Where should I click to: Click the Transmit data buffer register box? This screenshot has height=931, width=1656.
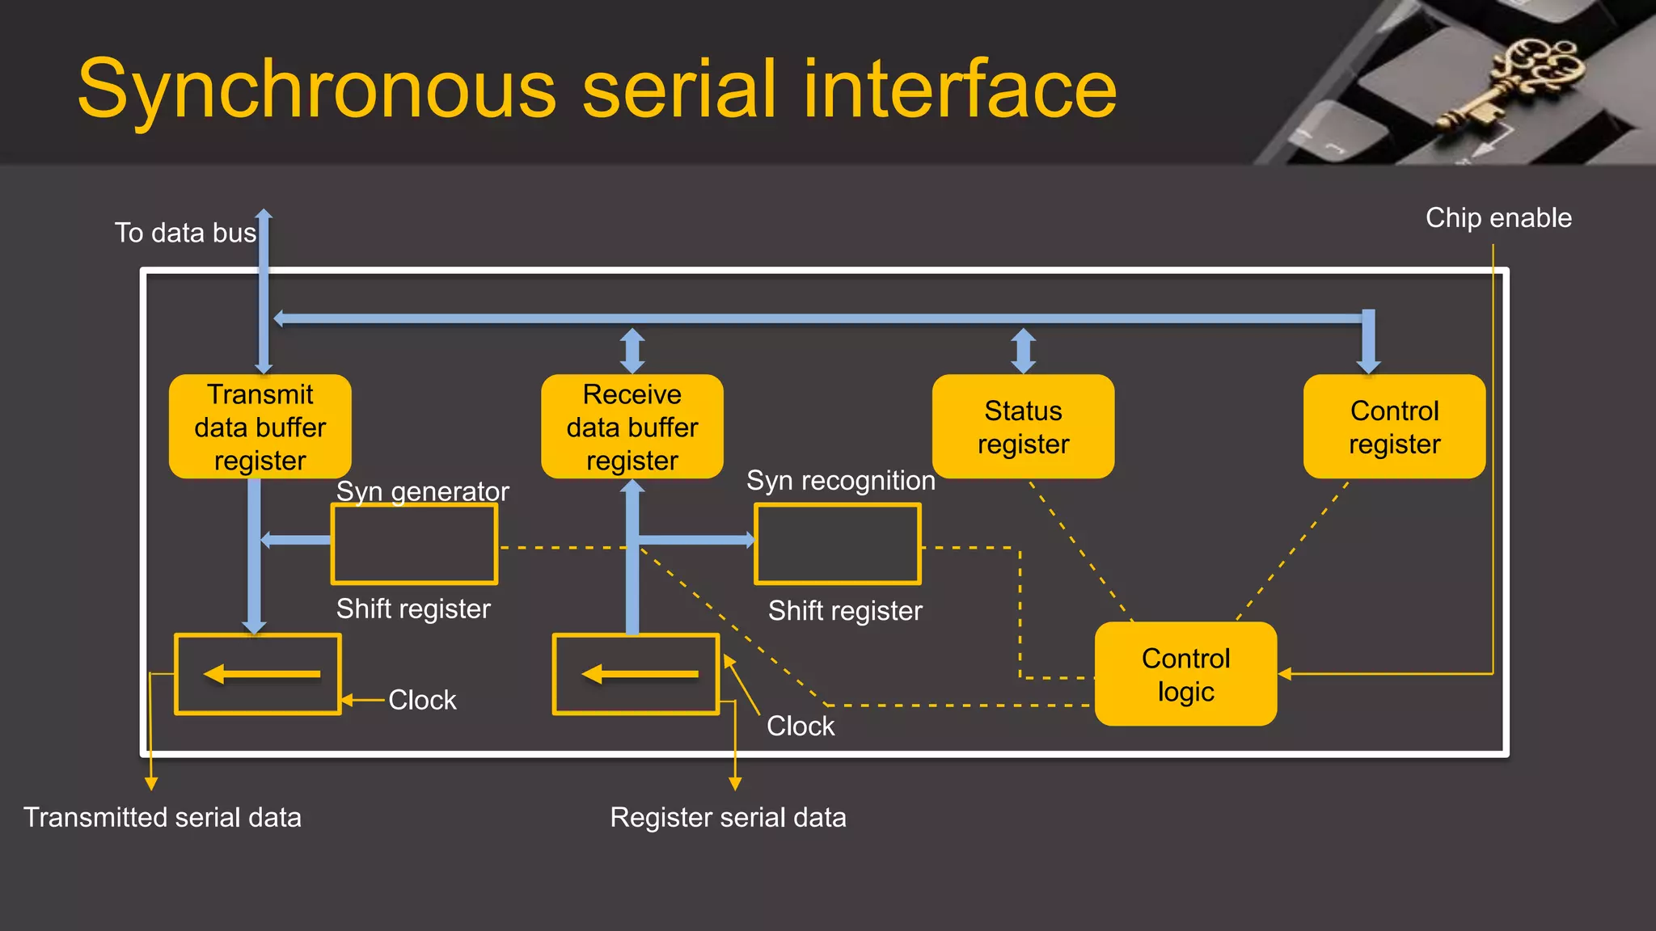click(260, 427)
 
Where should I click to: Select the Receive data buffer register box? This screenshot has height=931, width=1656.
click(632, 427)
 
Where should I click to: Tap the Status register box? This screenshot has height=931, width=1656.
click(1023, 427)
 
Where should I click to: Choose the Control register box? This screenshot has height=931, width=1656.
click(1394, 427)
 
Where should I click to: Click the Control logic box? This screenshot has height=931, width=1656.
click(1185, 674)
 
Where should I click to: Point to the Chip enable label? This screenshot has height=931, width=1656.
click(1498, 217)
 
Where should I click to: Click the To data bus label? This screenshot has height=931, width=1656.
click(185, 233)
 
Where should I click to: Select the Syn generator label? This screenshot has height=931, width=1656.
click(422, 491)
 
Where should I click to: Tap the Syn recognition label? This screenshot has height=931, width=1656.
click(840, 480)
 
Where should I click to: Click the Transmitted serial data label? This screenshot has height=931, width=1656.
click(162, 817)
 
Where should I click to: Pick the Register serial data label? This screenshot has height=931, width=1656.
click(728, 817)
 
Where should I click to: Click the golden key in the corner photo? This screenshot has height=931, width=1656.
click(1512, 81)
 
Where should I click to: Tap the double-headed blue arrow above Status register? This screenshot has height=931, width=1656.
click(1024, 351)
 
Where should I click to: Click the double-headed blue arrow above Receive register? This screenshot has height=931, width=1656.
click(632, 351)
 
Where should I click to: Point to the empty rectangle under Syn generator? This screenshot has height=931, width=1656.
click(414, 544)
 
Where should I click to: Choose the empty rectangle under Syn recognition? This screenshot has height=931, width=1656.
click(838, 544)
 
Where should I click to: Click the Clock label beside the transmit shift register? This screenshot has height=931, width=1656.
click(422, 700)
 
